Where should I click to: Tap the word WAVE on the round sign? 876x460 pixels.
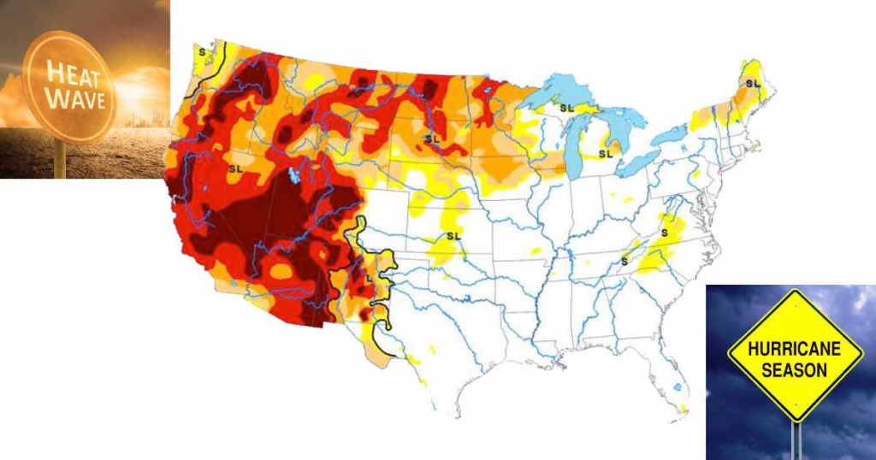tap(76, 99)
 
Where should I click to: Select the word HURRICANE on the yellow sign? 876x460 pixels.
tap(795, 349)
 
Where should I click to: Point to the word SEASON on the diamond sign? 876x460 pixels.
tap(796, 370)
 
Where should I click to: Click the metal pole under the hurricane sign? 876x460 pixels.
tap(796, 439)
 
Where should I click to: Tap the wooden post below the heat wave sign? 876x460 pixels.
tap(61, 158)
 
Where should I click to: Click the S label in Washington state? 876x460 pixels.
tap(202, 51)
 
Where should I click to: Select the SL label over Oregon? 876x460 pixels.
tap(235, 169)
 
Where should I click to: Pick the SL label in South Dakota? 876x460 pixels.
tap(433, 138)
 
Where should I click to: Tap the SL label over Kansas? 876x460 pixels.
tap(453, 235)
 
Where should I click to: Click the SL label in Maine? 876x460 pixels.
tap(752, 84)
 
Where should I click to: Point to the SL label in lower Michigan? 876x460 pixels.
tap(606, 154)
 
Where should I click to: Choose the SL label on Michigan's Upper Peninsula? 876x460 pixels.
tap(566, 108)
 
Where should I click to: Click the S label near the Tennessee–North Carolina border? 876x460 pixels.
tap(624, 261)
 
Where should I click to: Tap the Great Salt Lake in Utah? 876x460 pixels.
tap(294, 176)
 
